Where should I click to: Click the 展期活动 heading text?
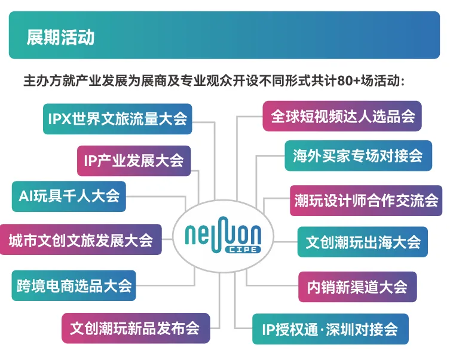point(60,37)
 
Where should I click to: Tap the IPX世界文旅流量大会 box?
point(118,118)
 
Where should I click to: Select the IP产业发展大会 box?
point(134,161)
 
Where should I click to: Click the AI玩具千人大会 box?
point(69,196)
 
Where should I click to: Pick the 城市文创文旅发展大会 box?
point(81,240)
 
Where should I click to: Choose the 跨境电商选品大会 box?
point(74,285)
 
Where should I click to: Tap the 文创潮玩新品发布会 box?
point(136,328)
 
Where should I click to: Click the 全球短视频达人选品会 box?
point(342,116)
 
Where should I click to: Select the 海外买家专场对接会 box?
point(358,155)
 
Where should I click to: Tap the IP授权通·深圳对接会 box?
point(330,328)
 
